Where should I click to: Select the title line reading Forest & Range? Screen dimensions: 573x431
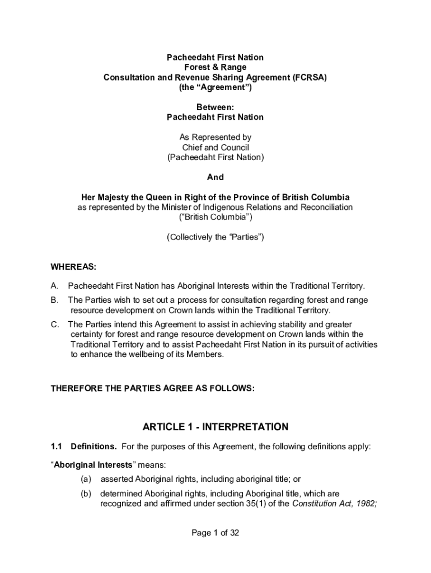coord(215,68)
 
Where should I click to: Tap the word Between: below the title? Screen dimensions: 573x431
coord(215,107)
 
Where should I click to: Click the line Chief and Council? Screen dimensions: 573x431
coord(215,147)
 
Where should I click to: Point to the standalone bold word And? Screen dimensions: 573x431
coord(215,177)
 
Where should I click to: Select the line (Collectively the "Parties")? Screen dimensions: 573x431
coord(215,237)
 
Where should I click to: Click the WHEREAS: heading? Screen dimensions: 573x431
coord(73,267)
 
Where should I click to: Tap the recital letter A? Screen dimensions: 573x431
coord(54,286)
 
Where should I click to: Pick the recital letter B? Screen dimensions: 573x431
coord(54,300)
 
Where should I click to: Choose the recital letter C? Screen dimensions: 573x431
coord(54,324)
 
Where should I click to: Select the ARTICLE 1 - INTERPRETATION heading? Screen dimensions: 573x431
coord(215,428)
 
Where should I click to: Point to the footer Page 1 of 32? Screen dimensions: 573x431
coord(215,533)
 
